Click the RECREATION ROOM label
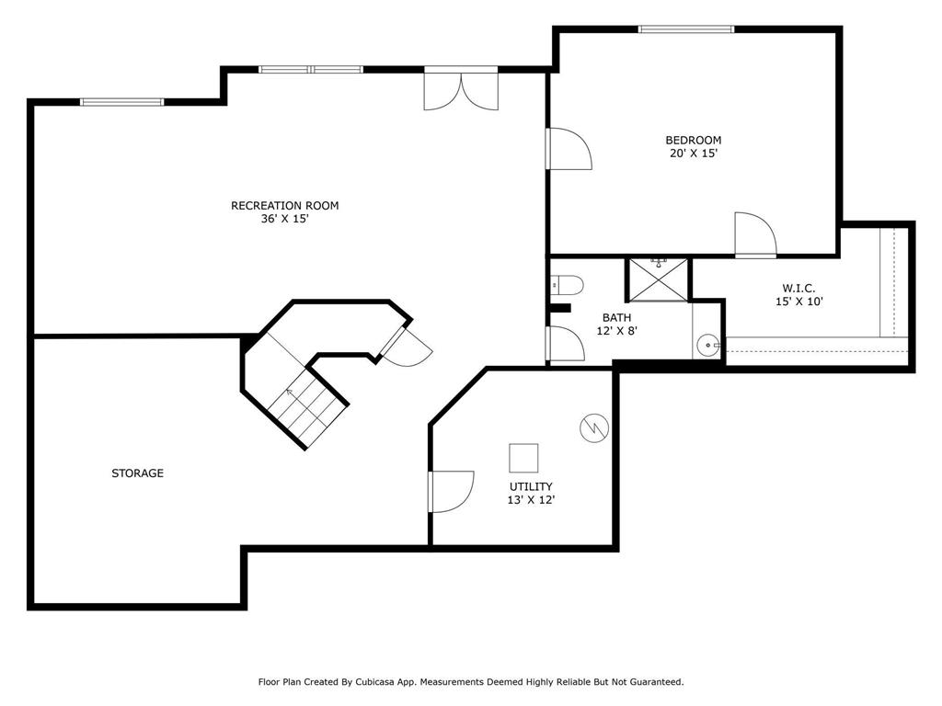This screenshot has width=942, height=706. pyautogui.click(x=284, y=205)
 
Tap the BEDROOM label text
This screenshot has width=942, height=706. pyautogui.click(x=693, y=140)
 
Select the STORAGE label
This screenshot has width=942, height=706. pyautogui.click(x=137, y=473)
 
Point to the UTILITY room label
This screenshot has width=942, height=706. pyautogui.click(x=531, y=486)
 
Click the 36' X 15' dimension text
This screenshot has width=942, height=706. pyautogui.click(x=284, y=220)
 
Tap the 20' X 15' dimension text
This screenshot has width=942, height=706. pyautogui.click(x=693, y=154)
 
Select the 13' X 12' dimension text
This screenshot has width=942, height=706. pyautogui.click(x=531, y=500)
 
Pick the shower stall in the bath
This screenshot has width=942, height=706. pyautogui.click(x=659, y=280)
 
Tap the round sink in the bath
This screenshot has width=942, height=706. pyautogui.click(x=708, y=346)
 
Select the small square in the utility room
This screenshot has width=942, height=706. pyautogui.click(x=523, y=458)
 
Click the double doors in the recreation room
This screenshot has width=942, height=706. pyautogui.click(x=461, y=90)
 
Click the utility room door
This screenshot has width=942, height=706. pyautogui.click(x=451, y=491)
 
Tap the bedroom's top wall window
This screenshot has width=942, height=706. pyautogui.click(x=686, y=29)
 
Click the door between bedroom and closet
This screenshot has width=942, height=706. pyautogui.click(x=754, y=235)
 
